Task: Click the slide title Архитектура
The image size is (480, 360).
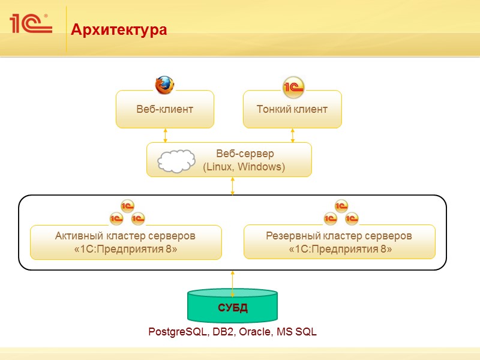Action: (119, 29)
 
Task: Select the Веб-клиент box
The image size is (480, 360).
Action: (164, 109)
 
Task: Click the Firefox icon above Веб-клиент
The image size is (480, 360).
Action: (164, 85)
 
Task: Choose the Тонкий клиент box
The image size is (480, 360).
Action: (292, 109)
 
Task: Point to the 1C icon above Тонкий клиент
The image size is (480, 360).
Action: (293, 87)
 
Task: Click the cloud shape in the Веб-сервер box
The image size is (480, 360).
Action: (176, 161)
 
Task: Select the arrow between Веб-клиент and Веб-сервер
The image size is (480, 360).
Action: (165, 135)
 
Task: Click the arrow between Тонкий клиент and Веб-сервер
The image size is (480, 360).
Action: (293, 135)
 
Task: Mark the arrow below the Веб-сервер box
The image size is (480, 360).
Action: (233, 186)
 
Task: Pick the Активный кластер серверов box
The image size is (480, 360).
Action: (125, 242)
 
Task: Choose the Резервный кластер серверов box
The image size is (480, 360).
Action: (339, 242)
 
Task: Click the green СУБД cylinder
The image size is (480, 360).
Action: (233, 308)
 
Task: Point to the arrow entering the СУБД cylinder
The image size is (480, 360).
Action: (233, 282)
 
